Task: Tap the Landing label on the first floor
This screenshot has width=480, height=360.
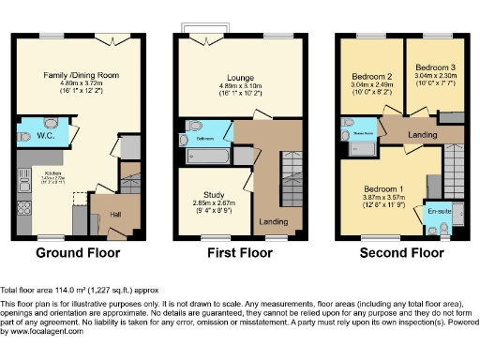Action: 273,221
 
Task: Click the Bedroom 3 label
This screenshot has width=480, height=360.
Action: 435,68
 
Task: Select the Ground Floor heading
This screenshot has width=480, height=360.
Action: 80,253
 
